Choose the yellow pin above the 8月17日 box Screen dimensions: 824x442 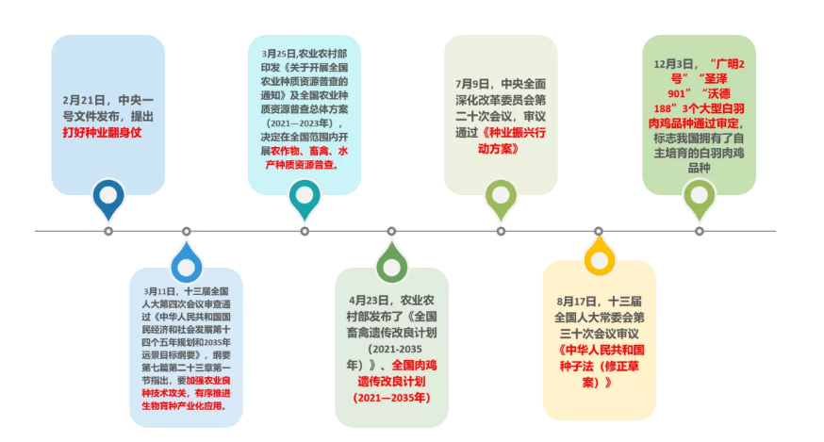coord(599,255)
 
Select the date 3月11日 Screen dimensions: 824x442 coord(160,291)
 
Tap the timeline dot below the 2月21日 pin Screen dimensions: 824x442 coord(108,231)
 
